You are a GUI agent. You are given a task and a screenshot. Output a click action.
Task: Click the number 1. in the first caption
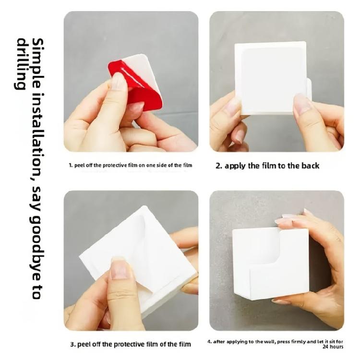tap(70, 165)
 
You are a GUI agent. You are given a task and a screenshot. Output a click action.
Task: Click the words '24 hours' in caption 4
tap(332, 346)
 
